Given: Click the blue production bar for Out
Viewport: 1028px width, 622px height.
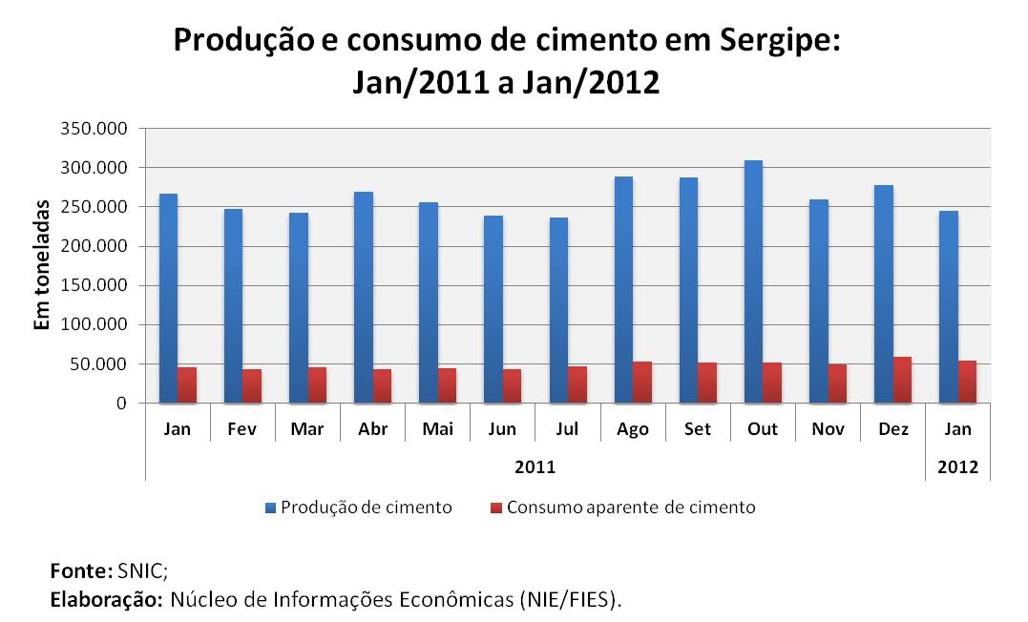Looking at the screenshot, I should (x=753, y=281).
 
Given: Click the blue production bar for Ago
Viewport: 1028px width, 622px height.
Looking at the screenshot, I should (x=623, y=289).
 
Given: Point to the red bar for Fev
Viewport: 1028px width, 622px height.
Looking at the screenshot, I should (x=252, y=385).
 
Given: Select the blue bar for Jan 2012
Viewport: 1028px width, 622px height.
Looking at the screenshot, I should (x=949, y=306).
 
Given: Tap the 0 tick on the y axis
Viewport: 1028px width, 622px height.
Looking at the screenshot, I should (x=121, y=404).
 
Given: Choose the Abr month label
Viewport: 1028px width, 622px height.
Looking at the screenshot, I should (x=372, y=429).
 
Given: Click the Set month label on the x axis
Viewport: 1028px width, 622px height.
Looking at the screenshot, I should (x=698, y=429).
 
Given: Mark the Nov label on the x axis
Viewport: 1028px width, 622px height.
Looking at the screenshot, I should (x=828, y=429).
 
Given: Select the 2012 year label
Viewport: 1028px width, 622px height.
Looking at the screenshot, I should (x=957, y=467).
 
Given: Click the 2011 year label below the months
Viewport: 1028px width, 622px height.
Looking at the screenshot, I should (x=535, y=467).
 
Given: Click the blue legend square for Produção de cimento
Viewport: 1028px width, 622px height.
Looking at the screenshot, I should (x=270, y=508).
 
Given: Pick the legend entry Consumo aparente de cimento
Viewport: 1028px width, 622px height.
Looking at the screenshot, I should (x=630, y=508).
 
